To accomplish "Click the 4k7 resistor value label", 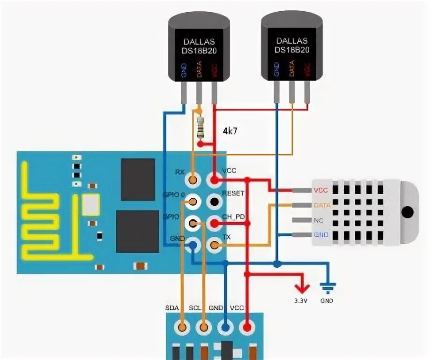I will [x=230, y=131].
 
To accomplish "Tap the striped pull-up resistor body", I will [x=201, y=128].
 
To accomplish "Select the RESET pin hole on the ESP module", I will [x=215, y=202].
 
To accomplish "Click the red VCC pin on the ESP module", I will [x=215, y=180].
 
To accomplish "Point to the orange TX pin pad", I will [x=215, y=245].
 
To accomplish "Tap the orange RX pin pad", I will [x=192, y=179].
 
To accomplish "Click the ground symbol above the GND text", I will [x=327, y=287].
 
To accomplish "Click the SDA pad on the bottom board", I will [x=182, y=326].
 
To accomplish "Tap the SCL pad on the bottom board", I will [x=204, y=326].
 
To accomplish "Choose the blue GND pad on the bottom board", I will [x=226, y=326].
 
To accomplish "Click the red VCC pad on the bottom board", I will [x=247, y=326].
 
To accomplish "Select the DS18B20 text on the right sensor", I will [x=292, y=50].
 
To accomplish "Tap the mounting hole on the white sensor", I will [x=409, y=212].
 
